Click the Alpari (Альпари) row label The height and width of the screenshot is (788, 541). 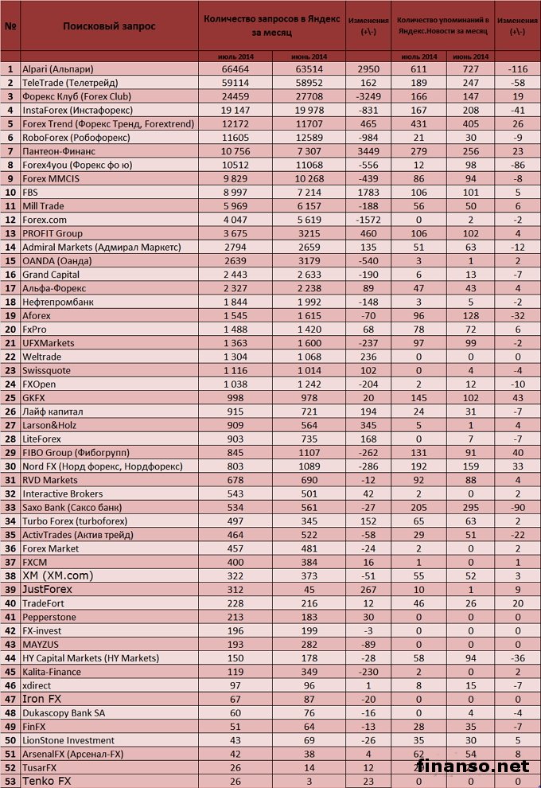click(x=56, y=69)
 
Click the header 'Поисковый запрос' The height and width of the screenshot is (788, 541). click(x=109, y=26)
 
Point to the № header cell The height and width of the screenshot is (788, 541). click(x=10, y=26)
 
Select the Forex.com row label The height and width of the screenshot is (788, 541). click(x=46, y=220)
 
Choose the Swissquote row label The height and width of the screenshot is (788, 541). click(x=47, y=371)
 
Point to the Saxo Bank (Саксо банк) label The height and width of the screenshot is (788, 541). click(x=72, y=508)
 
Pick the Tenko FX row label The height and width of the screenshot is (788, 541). click(x=47, y=782)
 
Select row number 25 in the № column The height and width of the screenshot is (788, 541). click(x=10, y=398)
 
